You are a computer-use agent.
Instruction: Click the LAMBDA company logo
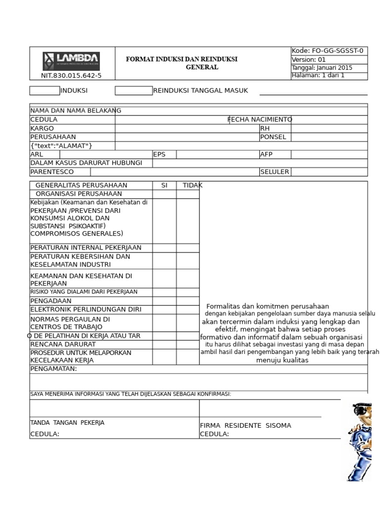[x=71, y=61]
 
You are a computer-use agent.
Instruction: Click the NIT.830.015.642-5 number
[x=71, y=76]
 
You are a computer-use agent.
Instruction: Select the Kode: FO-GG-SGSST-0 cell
[x=329, y=51]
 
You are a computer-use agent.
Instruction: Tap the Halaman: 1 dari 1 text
[x=318, y=76]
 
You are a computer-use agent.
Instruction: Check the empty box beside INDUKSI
[x=45, y=91]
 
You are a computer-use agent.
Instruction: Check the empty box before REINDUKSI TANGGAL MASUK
[x=134, y=91]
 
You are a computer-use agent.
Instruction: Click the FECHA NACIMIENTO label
[x=260, y=119]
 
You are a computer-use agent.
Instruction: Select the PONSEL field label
[x=273, y=137]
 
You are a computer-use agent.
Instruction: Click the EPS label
[x=159, y=154]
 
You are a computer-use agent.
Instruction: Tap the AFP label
[x=266, y=154]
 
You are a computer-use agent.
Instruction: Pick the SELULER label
[x=275, y=172]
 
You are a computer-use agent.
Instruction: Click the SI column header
[x=164, y=185]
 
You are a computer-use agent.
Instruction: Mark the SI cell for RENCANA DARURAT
[x=164, y=344]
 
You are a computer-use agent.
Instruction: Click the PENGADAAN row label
[x=51, y=301]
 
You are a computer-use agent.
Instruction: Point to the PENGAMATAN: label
[x=53, y=369]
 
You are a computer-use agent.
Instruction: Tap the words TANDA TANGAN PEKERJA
[x=67, y=423]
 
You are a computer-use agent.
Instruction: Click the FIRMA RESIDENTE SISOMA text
[x=245, y=425]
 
